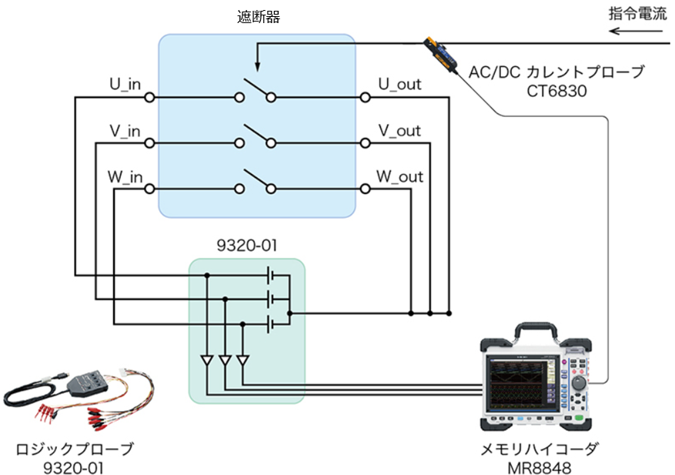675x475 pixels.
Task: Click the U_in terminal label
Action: tap(125, 84)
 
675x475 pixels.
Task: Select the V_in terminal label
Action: tap(125, 130)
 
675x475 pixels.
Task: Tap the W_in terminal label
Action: tap(125, 176)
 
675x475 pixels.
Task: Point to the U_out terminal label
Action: tap(399, 84)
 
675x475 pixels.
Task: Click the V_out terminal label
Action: tap(399, 130)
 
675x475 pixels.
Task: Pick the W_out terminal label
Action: tap(399, 176)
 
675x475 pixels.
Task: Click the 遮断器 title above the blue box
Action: tap(259, 17)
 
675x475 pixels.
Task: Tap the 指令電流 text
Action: tap(637, 14)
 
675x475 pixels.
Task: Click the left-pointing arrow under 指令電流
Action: tap(636, 31)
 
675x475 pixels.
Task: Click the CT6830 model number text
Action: tap(556, 91)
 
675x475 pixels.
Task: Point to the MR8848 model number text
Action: tap(539, 467)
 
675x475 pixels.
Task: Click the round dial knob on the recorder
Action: tap(579, 383)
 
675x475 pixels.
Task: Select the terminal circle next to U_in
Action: tap(149, 97)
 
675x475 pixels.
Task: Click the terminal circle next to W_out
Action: tap(365, 189)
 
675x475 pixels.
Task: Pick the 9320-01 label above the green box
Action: tap(246, 246)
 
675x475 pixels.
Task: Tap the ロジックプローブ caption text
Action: tap(74, 449)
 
